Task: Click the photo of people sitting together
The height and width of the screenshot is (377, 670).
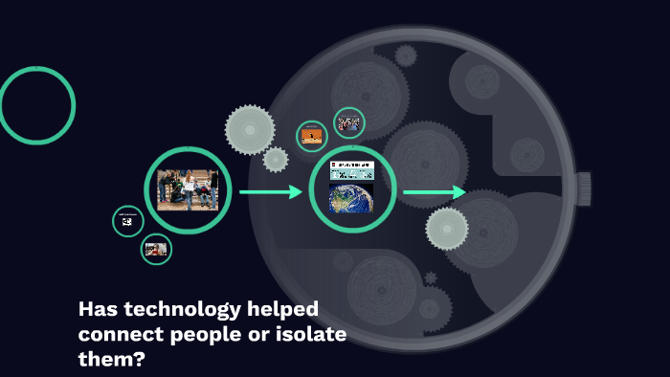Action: point(188,190)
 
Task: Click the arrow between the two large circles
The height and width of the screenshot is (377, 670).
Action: point(270,192)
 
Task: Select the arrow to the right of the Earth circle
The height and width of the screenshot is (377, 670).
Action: point(434,193)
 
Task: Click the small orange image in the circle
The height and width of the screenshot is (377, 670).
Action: point(312,136)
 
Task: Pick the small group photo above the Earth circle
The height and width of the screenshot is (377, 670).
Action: point(348,122)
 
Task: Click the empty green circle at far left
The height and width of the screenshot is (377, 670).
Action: point(36,105)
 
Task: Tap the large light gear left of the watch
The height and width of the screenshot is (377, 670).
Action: point(250,129)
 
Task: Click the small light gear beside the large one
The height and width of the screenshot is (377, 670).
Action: point(276,160)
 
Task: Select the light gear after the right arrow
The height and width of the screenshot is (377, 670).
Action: point(447,228)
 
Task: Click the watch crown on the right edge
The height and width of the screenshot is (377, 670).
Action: point(583,188)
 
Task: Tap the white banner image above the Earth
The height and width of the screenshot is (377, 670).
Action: point(351,170)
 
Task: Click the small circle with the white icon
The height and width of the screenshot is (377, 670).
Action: point(127,221)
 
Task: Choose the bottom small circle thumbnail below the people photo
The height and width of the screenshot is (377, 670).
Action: point(155,250)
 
